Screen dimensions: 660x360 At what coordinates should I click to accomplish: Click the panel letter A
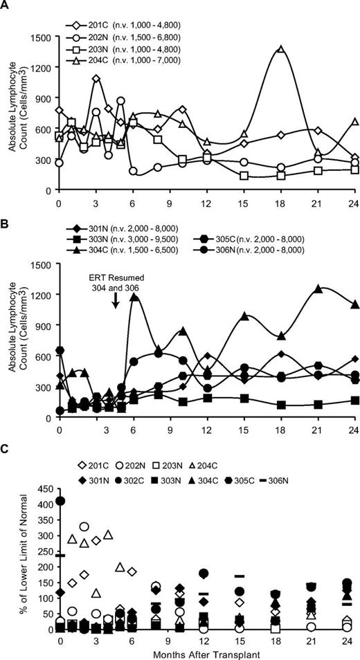tap(7, 7)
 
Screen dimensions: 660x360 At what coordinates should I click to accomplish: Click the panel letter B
tap(7, 224)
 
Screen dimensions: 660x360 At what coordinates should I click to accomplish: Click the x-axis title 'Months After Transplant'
tap(208, 652)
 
